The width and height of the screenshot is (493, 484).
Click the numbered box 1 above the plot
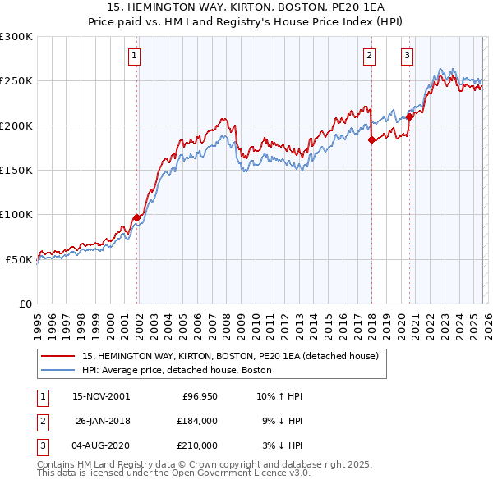[134, 56]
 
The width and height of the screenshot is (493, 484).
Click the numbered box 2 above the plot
[369, 56]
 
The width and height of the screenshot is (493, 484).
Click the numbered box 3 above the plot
[407, 56]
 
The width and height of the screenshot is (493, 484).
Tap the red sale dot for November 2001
[137, 217]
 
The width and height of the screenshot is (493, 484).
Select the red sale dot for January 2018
[371, 139]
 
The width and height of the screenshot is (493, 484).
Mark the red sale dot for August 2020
[409, 116]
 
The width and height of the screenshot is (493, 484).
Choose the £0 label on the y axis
[25, 304]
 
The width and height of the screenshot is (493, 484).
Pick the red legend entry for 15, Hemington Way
[230, 356]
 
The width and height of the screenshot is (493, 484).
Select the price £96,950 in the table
[200, 396]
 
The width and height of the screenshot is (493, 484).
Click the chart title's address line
[246, 9]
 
